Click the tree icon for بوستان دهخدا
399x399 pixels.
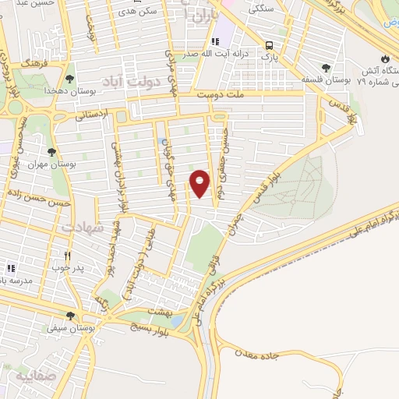click(69, 79)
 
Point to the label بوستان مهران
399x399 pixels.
click(48, 165)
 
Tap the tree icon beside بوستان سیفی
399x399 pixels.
click(70, 316)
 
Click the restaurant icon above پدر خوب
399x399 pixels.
click(68, 255)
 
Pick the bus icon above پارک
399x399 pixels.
click(269, 45)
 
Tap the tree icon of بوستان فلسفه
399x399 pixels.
click(325, 67)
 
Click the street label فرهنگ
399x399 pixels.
click(34, 59)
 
